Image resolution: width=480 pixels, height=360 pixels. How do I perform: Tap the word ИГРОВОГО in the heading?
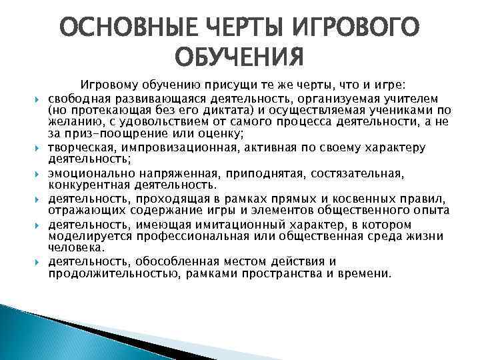(x=353, y=28)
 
